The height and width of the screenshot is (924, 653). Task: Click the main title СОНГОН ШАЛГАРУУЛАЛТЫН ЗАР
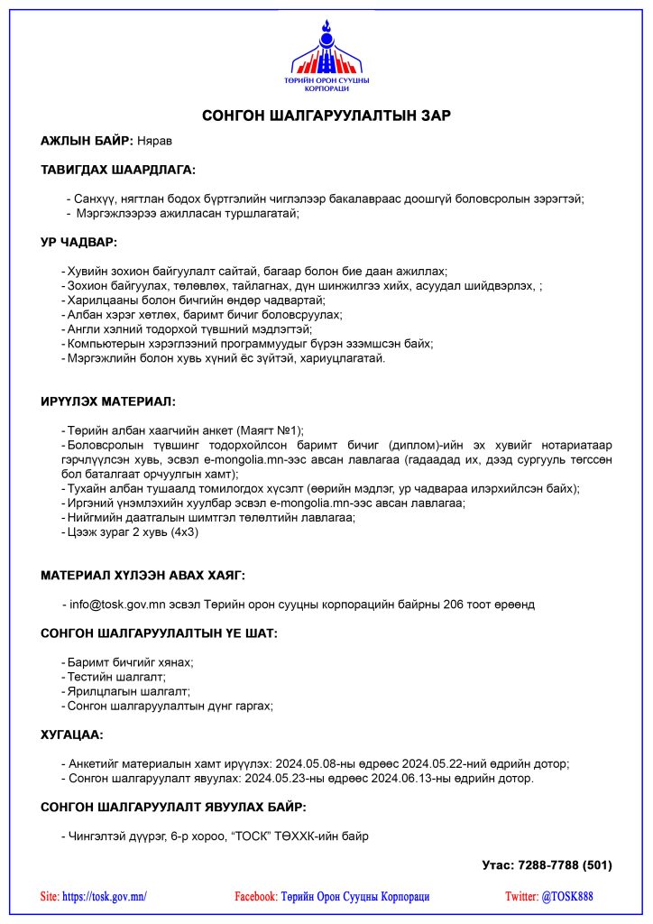point(326,115)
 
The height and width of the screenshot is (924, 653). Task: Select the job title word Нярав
point(154,141)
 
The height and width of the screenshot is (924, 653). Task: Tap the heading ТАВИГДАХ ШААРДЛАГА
point(118,170)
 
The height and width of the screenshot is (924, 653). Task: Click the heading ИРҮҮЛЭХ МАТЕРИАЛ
point(108,401)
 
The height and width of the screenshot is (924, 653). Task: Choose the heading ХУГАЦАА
point(72,735)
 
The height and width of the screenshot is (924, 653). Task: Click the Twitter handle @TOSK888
point(567,897)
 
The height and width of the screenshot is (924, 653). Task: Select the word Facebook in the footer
point(255,897)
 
